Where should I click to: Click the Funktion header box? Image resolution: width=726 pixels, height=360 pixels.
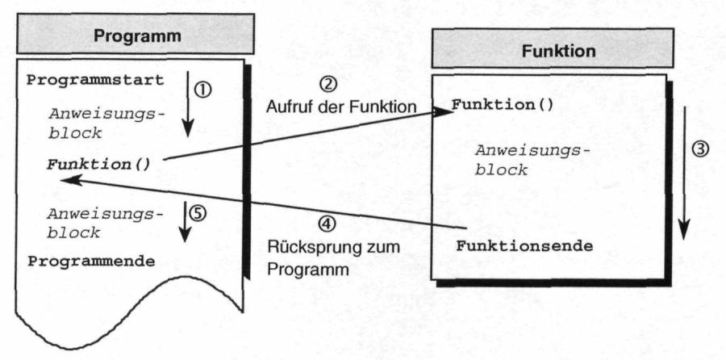[558, 51]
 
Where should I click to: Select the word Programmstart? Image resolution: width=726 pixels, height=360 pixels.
[95, 81]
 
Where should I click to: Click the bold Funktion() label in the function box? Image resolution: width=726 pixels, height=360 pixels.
[502, 105]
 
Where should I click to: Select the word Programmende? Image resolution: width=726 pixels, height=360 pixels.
[91, 262]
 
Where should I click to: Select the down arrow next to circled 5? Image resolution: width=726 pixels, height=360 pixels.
[186, 220]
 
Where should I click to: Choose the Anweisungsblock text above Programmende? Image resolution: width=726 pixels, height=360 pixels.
[106, 223]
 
